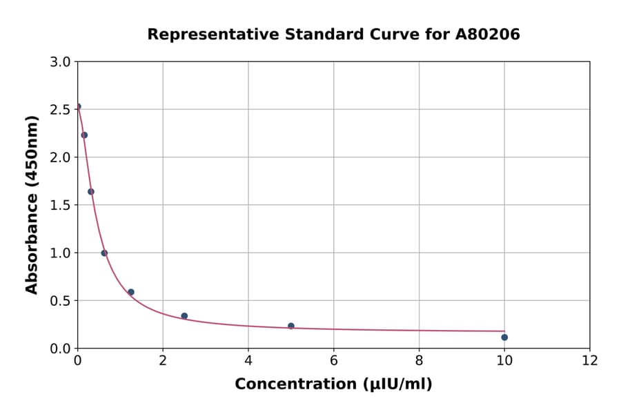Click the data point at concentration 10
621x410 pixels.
pos(504,337)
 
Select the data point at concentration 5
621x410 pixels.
pos(291,326)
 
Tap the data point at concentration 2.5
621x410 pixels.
pos(184,316)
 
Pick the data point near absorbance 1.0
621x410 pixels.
pos(104,253)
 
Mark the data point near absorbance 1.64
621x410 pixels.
pos(91,192)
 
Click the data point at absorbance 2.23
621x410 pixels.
pos(84,135)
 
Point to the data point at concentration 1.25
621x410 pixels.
pos(131,292)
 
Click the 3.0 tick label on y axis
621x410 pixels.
pos(61,62)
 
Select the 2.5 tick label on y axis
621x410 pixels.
pos(61,110)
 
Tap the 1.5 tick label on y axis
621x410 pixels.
pos(61,205)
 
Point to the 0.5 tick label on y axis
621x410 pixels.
pos(61,300)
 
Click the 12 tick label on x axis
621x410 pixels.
pos(590,360)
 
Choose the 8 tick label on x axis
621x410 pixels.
pos(419,360)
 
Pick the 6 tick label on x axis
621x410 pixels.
pos(334,360)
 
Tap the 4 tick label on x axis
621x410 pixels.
pos(248,360)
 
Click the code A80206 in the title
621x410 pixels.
pos(487,35)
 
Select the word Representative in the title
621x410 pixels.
pos(201,35)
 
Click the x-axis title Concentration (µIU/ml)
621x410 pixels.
pos(333,384)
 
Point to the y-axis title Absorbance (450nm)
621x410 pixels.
pos(32,204)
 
